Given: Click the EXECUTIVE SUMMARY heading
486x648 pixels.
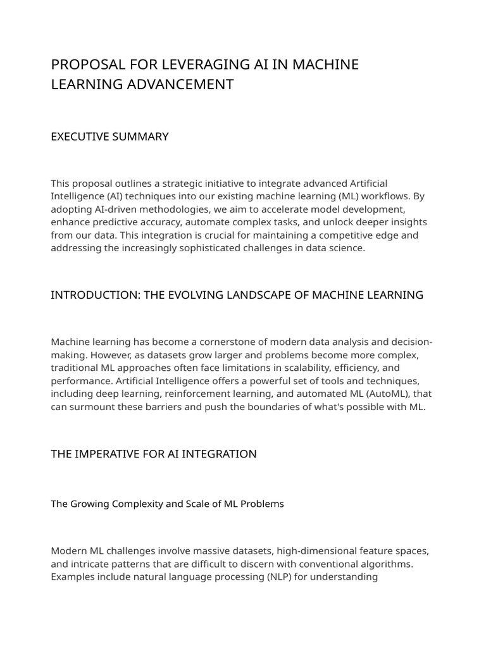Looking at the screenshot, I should pos(109,136).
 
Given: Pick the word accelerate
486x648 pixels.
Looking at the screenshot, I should pos(293,209).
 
